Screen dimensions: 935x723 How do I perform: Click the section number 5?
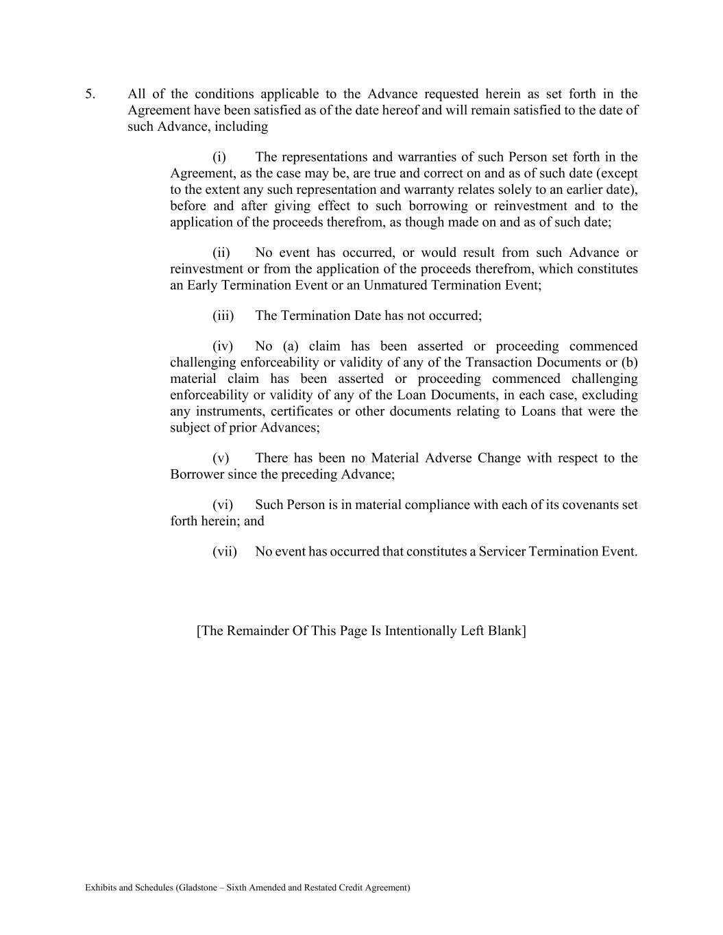click(90, 94)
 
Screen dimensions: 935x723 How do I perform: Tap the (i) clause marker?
click(219, 157)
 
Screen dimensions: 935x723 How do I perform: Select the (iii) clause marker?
click(223, 316)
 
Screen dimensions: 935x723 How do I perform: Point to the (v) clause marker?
click(221, 458)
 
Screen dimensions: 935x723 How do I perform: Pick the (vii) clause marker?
click(225, 551)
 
